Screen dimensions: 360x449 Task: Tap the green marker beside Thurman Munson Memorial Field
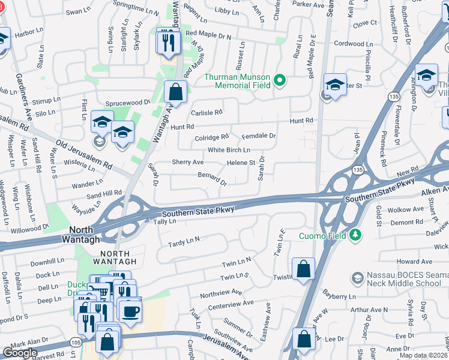click(279, 80)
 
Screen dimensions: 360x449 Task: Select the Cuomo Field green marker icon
click(355, 235)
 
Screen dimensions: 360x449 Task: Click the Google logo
click(20, 353)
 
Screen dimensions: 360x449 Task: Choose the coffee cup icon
click(130, 311)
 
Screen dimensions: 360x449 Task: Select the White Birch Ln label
click(229, 150)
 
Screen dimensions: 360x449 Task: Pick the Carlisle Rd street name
click(206, 112)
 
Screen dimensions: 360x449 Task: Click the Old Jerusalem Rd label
click(85, 154)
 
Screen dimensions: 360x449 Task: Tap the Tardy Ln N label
click(184, 241)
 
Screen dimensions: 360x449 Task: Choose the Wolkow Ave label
click(406, 210)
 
